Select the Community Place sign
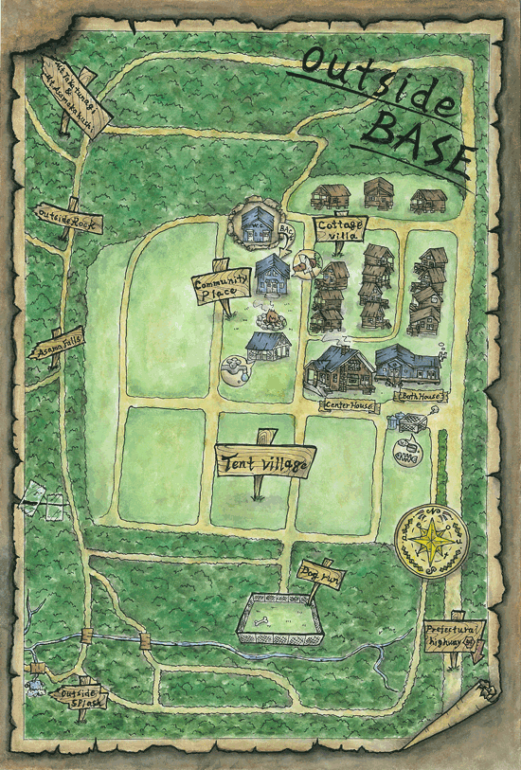click(x=221, y=287)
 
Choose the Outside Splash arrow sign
click(x=81, y=698)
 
